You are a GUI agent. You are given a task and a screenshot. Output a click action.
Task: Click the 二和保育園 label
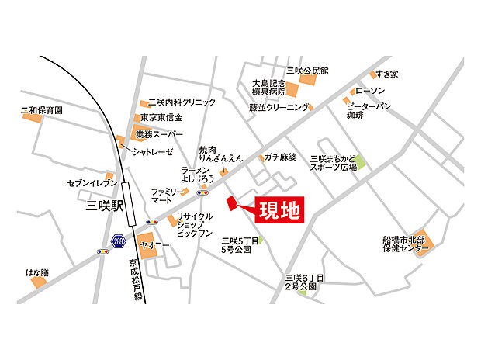42,111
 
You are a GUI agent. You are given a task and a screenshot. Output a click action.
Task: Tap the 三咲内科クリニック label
182,102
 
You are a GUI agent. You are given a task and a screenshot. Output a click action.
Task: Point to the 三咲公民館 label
307,71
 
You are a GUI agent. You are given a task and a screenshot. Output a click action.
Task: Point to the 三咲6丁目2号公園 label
304,282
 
